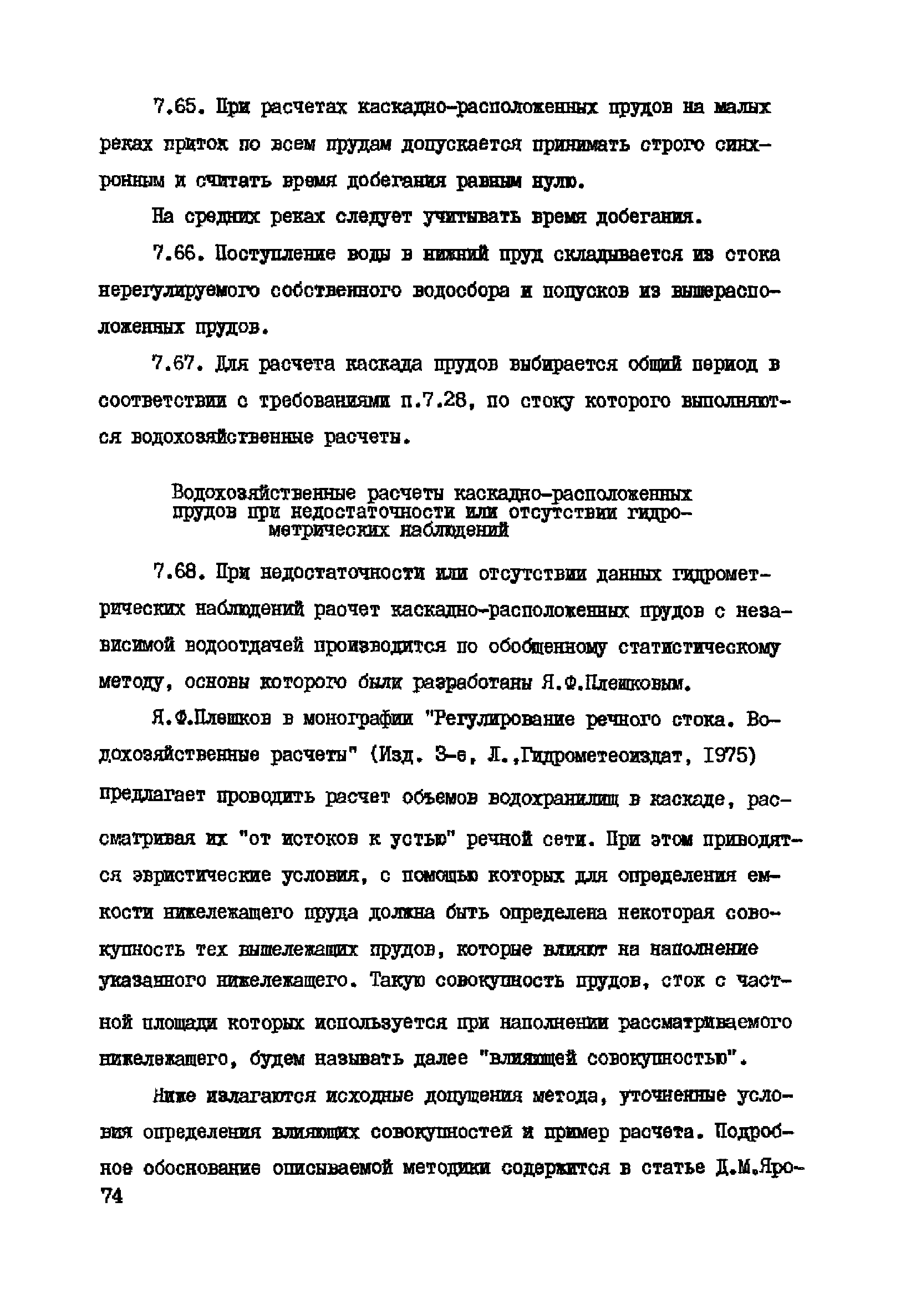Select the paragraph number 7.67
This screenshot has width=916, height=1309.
pos(177,364)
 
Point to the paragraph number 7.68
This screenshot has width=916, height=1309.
pos(177,572)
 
